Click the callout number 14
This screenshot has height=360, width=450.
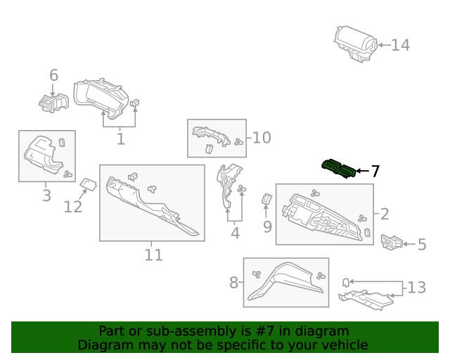pos(400,45)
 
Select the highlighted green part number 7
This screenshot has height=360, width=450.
pos(337,169)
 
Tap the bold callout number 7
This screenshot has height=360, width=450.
pos(375,171)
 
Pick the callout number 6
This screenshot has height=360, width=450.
pos(54,75)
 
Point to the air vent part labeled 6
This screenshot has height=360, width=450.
pos(52,102)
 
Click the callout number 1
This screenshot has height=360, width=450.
pos(120,139)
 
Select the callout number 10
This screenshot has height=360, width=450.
pos(261,137)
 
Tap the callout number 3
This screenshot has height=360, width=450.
pos(46,195)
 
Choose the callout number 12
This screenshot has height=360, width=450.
pos(73,206)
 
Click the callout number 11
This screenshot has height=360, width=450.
pos(153,255)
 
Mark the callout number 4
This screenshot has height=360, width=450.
pos(235,233)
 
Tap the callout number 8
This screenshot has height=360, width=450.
pos(233,283)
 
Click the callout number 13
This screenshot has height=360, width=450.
pos(416,287)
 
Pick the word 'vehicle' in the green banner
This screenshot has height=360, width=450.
pos(343,345)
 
